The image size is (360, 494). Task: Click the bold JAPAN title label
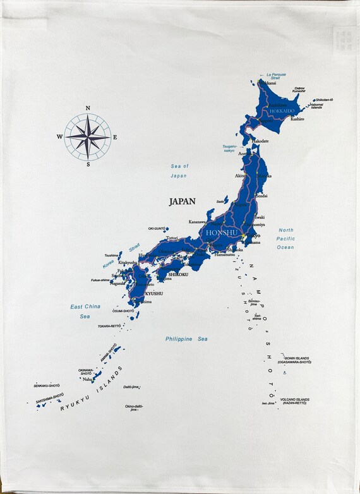click(182, 202)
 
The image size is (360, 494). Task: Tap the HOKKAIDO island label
click(282, 111)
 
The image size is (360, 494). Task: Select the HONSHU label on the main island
click(221, 233)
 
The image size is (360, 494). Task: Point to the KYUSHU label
click(154, 293)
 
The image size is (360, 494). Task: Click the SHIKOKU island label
click(179, 274)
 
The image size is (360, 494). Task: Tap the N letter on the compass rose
click(88, 108)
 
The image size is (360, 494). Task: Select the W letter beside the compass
click(59, 136)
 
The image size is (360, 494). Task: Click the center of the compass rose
click(88, 136)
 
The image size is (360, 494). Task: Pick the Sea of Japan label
click(179, 171)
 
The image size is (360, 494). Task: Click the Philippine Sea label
click(186, 339)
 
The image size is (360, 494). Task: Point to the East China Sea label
click(85, 311)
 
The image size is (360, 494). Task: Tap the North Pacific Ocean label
click(286, 239)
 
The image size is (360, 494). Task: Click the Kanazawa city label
click(197, 222)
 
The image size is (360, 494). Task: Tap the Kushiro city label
click(297, 119)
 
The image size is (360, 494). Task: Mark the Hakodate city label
click(261, 141)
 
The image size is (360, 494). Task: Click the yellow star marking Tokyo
click(244, 236)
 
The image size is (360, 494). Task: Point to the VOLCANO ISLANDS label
click(294, 401)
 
